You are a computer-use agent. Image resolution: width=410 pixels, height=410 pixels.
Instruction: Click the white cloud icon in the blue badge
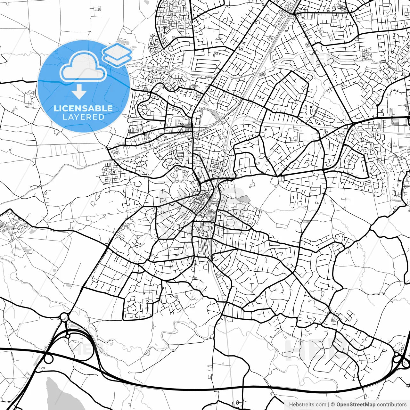click(x=83, y=67)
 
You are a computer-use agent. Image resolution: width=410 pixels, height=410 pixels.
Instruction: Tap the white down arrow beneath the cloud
click(x=79, y=92)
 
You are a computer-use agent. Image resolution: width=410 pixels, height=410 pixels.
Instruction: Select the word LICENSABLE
click(x=83, y=108)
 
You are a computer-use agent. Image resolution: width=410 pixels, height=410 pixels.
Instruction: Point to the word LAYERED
click(x=83, y=117)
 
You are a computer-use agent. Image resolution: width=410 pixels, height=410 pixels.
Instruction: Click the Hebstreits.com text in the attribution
click(x=307, y=405)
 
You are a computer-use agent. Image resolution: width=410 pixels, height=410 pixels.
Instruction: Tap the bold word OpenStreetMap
click(x=356, y=405)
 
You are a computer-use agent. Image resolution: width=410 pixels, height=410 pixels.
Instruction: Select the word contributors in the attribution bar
click(x=392, y=405)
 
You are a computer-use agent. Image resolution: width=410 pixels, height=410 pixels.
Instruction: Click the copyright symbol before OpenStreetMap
click(x=333, y=405)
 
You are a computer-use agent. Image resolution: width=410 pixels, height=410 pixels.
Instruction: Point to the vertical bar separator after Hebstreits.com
click(x=328, y=405)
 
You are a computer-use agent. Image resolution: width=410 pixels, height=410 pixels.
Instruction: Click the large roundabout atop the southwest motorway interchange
click(x=64, y=317)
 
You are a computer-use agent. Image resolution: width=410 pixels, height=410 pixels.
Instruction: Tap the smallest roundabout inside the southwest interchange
click(x=68, y=336)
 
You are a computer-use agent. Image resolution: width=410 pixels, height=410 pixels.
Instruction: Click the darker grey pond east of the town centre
click(x=243, y=199)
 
